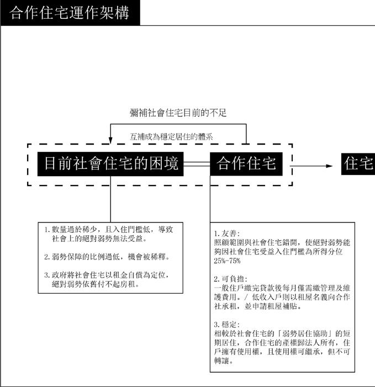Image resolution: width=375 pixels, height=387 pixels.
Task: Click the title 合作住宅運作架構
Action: pyautogui.click(x=70, y=13)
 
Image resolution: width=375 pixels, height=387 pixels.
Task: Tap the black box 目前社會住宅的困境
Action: pyautogui.click(x=110, y=164)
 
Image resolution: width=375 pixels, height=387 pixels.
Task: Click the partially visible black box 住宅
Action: pyautogui.click(x=358, y=164)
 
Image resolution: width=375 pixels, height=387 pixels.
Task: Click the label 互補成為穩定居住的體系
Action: pyautogui.click(x=178, y=135)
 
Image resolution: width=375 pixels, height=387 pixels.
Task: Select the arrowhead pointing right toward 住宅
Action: pyautogui.click(x=329, y=165)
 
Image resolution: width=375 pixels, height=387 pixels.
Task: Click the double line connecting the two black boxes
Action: pyautogui.click(x=196, y=165)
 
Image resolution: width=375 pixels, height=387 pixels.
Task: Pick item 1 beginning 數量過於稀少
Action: pyautogui.click(x=105, y=234)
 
